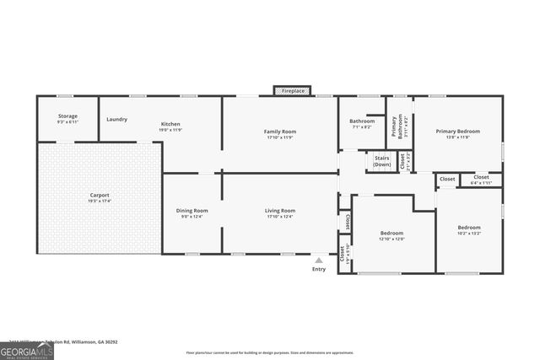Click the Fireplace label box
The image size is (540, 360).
(293, 90)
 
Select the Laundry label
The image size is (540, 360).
(116, 119)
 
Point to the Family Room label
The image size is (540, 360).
(279, 132)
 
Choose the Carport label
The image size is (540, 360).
(100, 196)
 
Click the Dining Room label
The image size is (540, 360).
(192, 211)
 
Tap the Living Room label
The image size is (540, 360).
(280, 211)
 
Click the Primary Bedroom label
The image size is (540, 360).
(457, 132)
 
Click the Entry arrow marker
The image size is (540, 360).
(318, 261)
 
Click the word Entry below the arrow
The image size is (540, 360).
(318, 269)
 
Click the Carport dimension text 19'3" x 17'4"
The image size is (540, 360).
(100, 201)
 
